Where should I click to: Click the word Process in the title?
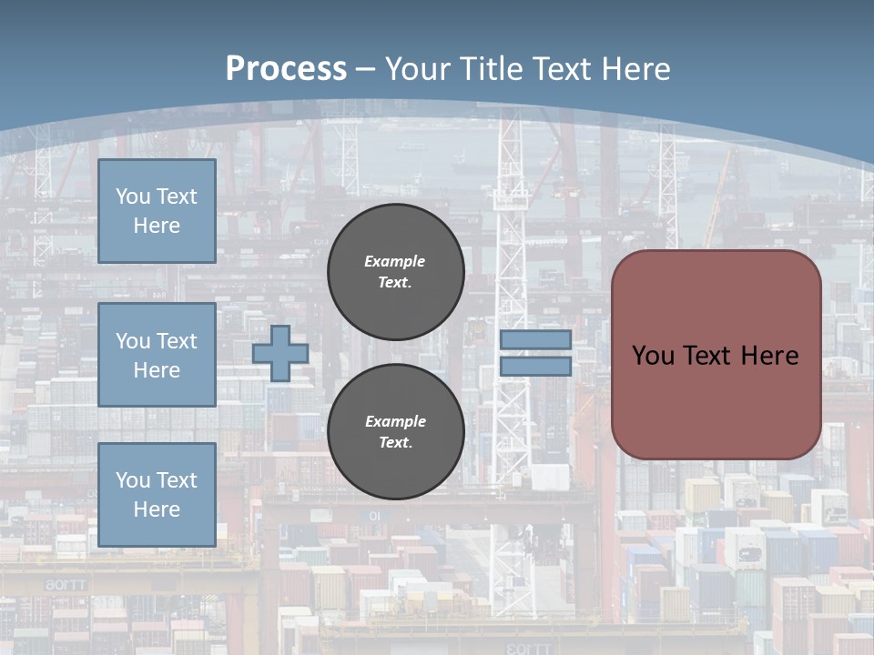[x=286, y=69]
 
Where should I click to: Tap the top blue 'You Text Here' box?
[x=157, y=211]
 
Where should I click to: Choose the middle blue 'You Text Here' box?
[x=157, y=355]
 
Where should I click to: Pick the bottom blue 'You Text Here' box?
[x=157, y=494]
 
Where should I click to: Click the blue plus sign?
[x=280, y=353]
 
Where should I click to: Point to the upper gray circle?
[x=395, y=272]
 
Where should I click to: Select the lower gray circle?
[x=395, y=431]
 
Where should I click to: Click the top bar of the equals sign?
[x=535, y=340]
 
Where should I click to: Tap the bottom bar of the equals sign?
[x=535, y=367]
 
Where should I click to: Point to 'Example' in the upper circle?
[x=395, y=261]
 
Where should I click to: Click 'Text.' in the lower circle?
[x=395, y=443]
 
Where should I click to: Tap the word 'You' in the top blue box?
[x=133, y=196]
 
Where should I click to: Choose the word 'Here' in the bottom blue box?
[x=157, y=509]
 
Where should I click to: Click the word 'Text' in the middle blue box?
[x=177, y=341]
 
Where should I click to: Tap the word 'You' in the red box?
[x=653, y=356]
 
